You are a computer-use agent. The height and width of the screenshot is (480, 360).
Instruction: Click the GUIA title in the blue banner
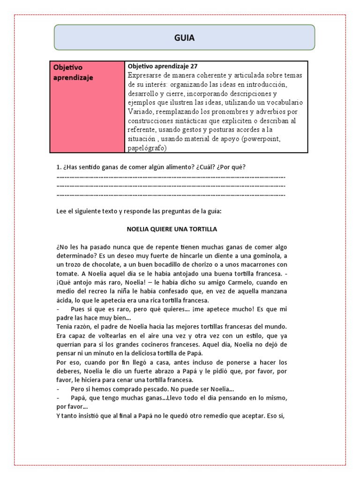click(184, 37)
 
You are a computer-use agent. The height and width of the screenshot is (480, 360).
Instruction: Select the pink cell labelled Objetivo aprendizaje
click(87, 106)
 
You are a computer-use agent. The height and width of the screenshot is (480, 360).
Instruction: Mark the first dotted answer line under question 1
click(171, 177)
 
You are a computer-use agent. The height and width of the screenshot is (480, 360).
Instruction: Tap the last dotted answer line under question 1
click(171, 195)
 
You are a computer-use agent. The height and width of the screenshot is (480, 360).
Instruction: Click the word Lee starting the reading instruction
click(61, 211)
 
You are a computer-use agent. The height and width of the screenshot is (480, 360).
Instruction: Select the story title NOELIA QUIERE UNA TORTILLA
click(172, 230)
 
